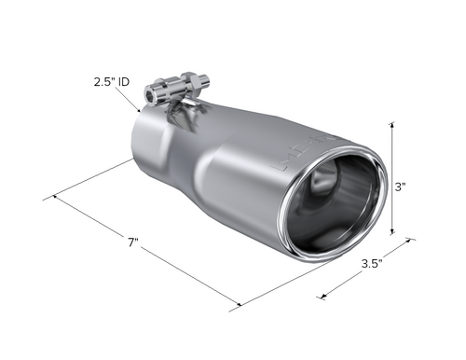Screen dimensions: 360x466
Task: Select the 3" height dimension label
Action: pos(401,186)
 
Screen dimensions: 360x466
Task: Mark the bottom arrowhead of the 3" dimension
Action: pos(392,233)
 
